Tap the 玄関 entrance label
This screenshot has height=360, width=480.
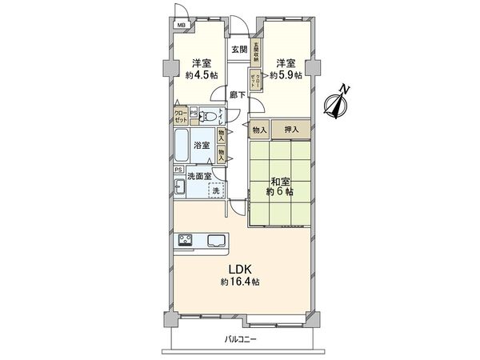coord(238,49)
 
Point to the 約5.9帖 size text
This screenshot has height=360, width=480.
coord(286,75)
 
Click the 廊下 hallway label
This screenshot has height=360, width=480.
coord(238,94)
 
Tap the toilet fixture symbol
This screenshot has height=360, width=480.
coord(208,115)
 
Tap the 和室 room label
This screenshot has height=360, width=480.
coord(279,181)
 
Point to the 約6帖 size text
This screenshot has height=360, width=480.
coord(280,193)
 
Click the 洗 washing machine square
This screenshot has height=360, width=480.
coord(217,191)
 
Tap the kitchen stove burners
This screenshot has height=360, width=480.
coord(185,240)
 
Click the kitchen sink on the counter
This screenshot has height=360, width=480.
coord(217,240)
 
